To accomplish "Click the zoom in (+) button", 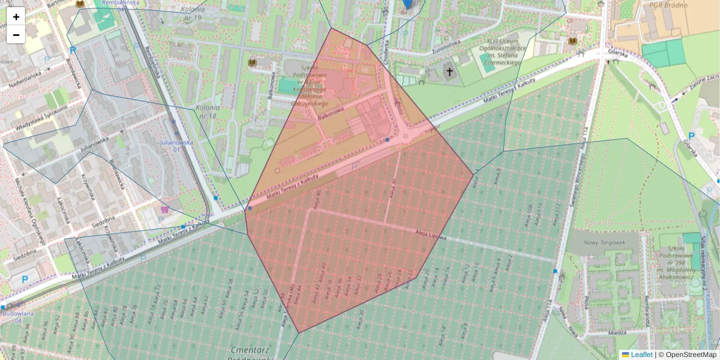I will point(16,17).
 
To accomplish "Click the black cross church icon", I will point(449,73).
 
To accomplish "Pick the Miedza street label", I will point(616,332).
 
